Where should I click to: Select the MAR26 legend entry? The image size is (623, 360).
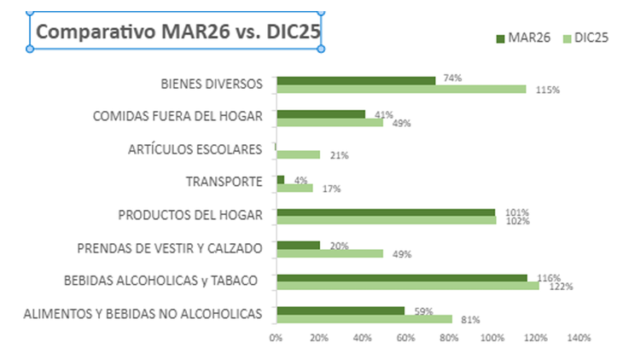(522, 38)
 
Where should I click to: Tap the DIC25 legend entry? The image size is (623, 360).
(584, 38)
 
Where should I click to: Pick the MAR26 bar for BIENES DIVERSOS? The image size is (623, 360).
(355, 80)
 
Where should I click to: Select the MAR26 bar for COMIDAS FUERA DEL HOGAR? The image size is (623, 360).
(320, 113)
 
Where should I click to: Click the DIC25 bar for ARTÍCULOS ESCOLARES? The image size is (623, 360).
(297, 155)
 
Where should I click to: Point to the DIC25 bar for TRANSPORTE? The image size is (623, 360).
(294, 188)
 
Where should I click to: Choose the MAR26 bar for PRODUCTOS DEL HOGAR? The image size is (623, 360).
(385, 212)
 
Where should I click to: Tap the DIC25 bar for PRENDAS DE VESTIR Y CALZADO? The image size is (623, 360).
(329, 253)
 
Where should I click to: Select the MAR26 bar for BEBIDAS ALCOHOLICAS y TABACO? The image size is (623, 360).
(401, 278)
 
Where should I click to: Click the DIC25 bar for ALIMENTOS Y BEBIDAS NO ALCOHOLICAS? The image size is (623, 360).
(364, 319)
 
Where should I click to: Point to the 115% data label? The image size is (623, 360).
(547, 90)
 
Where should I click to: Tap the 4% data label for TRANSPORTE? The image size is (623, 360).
(300, 180)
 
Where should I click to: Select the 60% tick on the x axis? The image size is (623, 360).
(405, 339)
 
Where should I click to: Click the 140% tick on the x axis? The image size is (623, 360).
(579, 339)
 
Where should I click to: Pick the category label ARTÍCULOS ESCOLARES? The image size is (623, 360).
(195, 150)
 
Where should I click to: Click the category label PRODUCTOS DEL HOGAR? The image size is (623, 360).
(189, 215)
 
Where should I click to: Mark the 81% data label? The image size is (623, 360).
(470, 320)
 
